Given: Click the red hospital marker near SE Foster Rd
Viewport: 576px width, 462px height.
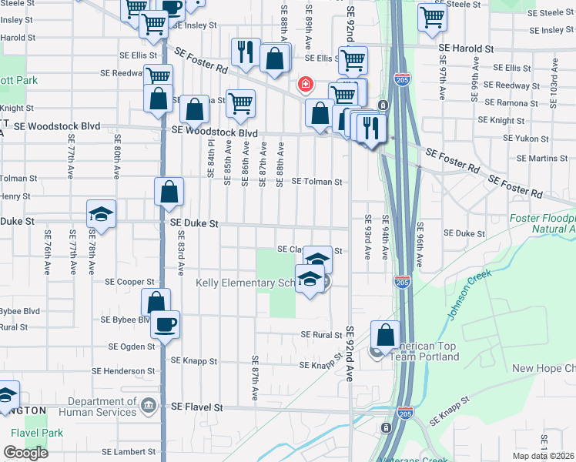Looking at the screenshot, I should click(x=305, y=83).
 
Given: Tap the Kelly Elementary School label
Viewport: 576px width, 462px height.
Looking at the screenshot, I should click(x=246, y=283).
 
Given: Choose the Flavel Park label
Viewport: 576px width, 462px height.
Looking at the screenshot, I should click(x=32, y=433).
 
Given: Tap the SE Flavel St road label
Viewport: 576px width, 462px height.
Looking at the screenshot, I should click(x=196, y=406).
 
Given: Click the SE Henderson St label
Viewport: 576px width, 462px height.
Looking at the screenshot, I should click(x=123, y=371).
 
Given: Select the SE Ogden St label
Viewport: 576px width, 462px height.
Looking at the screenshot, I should click(x=132, y=347).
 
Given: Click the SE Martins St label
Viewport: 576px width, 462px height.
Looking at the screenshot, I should click(x=542, y=159).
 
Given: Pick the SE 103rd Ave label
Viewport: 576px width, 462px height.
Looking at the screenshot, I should click(x=553, y=79).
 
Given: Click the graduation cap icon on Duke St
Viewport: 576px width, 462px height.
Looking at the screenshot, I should click(x=100, y=214).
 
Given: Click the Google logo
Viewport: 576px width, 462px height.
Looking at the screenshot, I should click(x=25, y=453).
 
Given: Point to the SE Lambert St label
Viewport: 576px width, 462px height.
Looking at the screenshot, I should click(x=129, y=452).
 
